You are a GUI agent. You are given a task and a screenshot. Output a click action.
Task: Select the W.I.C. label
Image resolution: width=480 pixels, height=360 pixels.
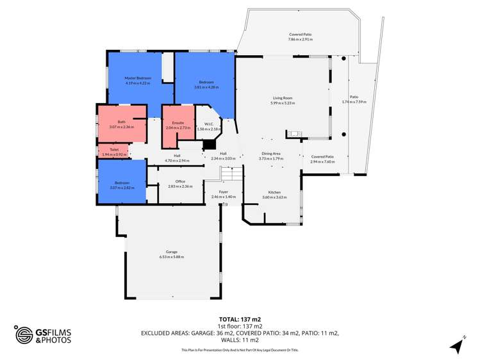click(x=208, y=124)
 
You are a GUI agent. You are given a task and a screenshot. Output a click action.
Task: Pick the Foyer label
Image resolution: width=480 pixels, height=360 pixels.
click(x=224, y=192)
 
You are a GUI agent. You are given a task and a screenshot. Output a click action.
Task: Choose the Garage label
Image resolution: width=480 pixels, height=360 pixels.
click(x=172, y=252)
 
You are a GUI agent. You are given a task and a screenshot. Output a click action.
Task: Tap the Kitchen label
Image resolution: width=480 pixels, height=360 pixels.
click(x=274, y=192)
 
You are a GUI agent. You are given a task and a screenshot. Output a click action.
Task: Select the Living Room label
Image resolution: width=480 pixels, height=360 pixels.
click(x=283, y=98)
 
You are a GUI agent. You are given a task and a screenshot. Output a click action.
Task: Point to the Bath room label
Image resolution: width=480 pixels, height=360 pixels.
click(x=121, y=122)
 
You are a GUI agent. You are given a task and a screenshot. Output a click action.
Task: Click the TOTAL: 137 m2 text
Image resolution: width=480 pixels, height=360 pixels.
click(x=240, y=319)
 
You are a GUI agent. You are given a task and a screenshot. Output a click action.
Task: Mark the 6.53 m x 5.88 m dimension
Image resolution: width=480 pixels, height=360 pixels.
click(x=172, y=257)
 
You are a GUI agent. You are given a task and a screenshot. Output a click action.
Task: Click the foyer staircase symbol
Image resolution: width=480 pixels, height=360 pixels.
click(x=231, y=173)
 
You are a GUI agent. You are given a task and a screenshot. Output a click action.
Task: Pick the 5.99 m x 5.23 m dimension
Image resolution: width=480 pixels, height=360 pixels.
click(x=283, y=103)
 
